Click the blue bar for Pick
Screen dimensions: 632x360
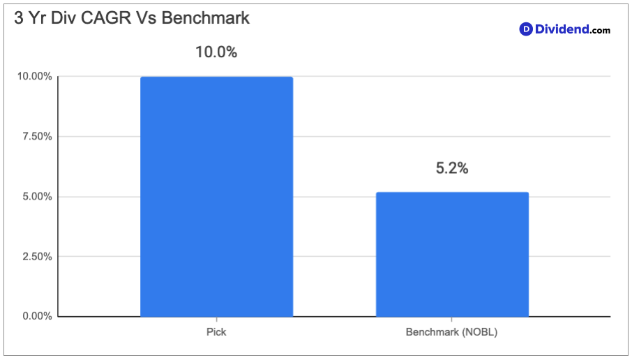[216, 197]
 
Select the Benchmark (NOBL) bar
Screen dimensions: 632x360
[452, 255]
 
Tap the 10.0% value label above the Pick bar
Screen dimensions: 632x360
[216, 52]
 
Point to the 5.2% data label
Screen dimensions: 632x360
[452, 168]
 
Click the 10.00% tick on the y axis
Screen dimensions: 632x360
[35, 76]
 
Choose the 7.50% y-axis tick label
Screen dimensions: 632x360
[37, 136]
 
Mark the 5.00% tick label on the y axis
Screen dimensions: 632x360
[37, 196]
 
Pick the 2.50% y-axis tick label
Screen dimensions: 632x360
[37, 256]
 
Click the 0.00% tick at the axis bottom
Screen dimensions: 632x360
[37, 316]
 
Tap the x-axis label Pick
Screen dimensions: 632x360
[216, 332]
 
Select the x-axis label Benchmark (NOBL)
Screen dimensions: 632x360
[452, 332]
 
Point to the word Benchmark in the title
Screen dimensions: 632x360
[206, 18]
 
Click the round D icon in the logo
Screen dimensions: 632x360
[525, 29]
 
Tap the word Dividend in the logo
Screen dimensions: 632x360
[562, 29]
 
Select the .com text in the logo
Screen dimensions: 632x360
[600, 30]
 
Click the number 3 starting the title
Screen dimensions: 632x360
[19, 18]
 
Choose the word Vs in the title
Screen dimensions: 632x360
[146, 18]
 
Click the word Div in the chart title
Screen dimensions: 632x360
[63, 18]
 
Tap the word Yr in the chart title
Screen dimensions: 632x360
[38, 18]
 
